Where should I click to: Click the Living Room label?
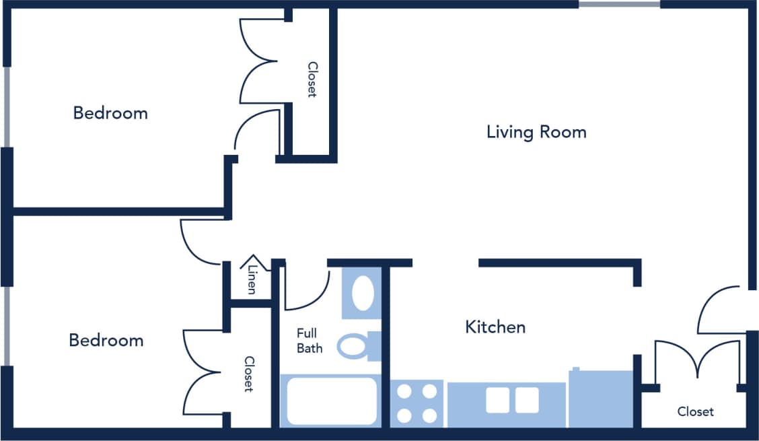pyautogui.click(x=536, y=132)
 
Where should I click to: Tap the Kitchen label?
pyautogui.click(x=495, y=327)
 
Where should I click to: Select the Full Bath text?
pyautogui.click(x=309, y=341)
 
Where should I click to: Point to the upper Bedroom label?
pyautogui.click(x=110, y=113)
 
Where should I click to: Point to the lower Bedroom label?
pyautogui.click(x=106, y=341)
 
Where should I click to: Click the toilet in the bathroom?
pyautogui.click(x=357, y=345)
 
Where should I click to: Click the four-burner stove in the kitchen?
pyautogui.click(x=417, y=403)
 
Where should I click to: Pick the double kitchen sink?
pyautogui.click(x=513, y=400)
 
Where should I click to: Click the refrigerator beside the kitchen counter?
pyautogui.click(x=601, y=398)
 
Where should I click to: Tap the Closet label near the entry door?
pyautogui.click(x=695, y=411)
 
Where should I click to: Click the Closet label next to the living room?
pyautogui.click(x=312, y=79)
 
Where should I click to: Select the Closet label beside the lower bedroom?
pyautogui.click(x=248, y=374)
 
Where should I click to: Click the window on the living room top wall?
pyautogui.click(x=619, y=4)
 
